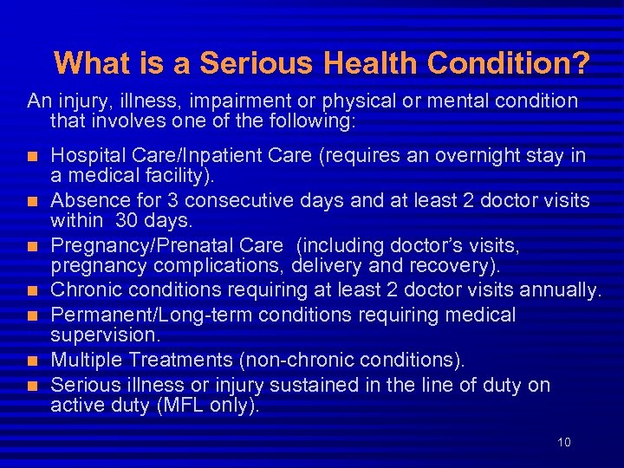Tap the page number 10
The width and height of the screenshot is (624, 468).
pos(564,442)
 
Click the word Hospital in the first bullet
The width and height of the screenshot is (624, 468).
pos(85,156)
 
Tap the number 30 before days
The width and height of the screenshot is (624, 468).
pos(128,221)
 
